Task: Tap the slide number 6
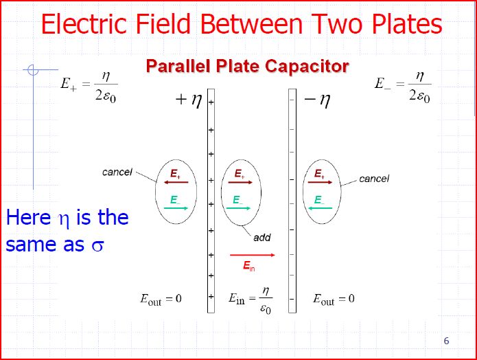tap(447, 341)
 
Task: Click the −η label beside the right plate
tap(316, 101)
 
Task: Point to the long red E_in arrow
tap(253, 255)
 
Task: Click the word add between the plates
tap(262, 238)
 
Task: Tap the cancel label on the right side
tap(374, 179)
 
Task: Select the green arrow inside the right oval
tap(320, 207)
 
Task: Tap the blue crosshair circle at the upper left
tap(33, 69)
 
